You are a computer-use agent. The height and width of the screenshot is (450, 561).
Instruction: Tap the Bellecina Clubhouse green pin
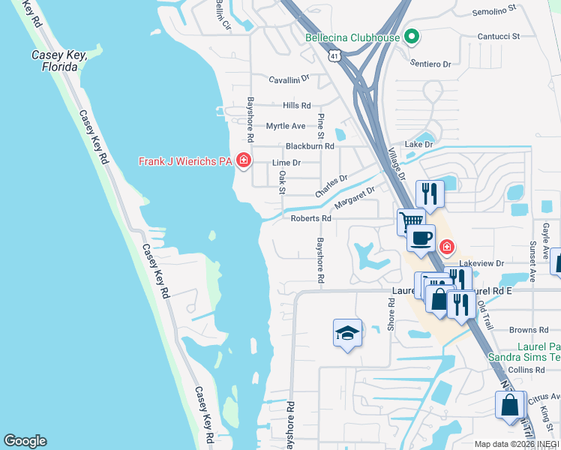coord(411,36)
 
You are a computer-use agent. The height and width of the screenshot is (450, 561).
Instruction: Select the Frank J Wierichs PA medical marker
coord(242,160)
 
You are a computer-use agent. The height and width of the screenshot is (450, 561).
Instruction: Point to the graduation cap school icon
coord(347,332)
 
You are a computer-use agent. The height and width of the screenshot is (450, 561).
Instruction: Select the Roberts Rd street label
coord(310,218)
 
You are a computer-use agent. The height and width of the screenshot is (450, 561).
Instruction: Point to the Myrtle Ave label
coord(286,125)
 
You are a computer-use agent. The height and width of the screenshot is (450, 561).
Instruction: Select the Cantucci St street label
coord(499,36)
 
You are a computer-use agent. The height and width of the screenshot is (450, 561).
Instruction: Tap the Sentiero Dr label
coord(430,64)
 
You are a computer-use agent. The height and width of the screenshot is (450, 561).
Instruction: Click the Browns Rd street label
coord(529,330)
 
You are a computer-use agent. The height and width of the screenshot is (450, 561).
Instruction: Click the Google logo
coord(25,441)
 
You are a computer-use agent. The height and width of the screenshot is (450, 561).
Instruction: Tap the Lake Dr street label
coord(418,144)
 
